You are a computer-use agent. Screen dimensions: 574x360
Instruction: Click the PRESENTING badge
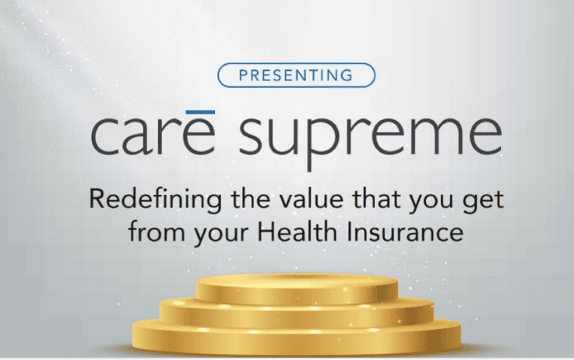(x=296, y=75)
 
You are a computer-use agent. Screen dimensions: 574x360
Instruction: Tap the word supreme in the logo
(x=370, y=140)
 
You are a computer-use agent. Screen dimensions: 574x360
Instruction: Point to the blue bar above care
(x=200, y=112)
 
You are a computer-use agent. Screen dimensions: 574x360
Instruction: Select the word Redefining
(x=155, y=200)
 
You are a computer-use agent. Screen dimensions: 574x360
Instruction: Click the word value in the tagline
(x=312, y=199)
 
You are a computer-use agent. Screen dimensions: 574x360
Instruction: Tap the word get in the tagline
(x=483, y=202)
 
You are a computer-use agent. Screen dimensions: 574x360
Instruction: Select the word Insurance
(x=405, y=232)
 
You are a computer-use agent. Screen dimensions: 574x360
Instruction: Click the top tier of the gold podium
(x=297, y=288)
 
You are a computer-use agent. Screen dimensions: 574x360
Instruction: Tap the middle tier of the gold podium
(x=297, y=313)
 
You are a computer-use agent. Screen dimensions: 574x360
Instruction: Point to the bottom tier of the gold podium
(x=297, y=337)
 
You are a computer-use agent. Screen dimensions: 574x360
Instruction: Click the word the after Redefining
(x=250, y=199)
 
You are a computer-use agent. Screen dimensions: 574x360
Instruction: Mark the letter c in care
(x=104, y=136)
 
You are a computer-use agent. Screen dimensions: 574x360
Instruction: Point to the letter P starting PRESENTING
(x=243, y=76)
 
